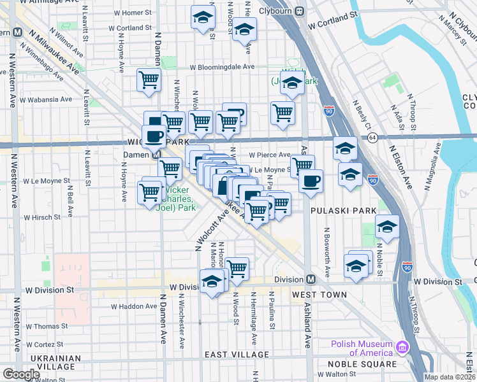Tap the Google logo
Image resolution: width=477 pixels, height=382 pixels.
21,374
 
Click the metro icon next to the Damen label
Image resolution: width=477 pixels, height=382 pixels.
156,155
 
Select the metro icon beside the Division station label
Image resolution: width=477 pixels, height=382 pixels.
311,279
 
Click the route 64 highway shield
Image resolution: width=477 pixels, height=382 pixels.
372,137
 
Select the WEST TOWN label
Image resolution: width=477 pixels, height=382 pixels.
319,295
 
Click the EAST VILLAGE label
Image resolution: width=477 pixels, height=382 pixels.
237,354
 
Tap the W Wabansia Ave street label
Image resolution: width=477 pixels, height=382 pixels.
48,99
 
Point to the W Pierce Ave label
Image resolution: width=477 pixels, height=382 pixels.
270,154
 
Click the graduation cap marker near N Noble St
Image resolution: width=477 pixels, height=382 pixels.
387,225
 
